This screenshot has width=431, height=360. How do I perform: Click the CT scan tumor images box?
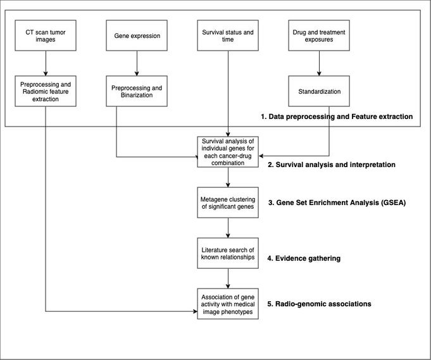[46, 35]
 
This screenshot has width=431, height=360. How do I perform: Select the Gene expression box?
[137, 35]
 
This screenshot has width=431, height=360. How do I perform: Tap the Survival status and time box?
[228, 35]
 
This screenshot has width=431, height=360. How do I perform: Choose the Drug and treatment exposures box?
[319, 35]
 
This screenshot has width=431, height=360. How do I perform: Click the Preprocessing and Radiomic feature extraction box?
[46, 91]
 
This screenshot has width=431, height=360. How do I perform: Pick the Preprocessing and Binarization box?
[137, 91]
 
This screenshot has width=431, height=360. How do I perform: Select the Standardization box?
[319, 91]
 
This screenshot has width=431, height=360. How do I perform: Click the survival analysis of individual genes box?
[228, 152]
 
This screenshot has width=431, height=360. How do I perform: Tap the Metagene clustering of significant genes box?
[228, 202]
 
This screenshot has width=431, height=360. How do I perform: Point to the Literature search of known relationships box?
[228, 253]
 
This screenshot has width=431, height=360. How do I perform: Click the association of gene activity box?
[228, 304]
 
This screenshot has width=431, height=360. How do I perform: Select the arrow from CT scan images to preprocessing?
[46, 63]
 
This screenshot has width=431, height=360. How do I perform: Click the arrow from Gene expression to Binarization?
[137, 63]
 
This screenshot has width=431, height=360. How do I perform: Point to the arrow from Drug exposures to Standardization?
[319, 63]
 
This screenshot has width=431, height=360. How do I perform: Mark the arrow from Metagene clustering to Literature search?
[228, 228]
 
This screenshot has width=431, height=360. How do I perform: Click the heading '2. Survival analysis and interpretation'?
[332, 164]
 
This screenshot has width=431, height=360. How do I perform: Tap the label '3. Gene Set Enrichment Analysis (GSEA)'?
[337, 203]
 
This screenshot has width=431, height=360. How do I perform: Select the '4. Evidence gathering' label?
[304, 258]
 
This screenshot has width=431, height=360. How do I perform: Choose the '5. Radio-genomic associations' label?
[319, 304]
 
